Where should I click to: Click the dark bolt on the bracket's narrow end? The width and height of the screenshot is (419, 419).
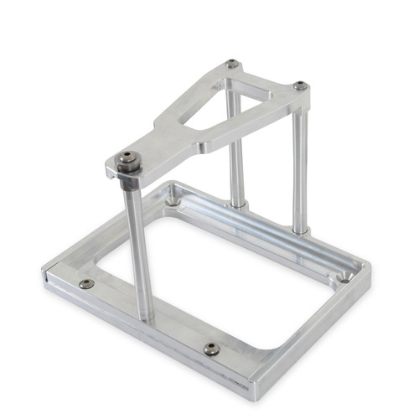point(127,158)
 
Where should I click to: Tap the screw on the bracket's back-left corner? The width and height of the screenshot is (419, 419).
point(233,65)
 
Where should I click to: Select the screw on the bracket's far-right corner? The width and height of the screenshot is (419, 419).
point(300,85)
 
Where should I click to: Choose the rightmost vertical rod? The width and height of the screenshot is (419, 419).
point(299,168)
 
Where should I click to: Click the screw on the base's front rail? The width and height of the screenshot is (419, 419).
point(211,348)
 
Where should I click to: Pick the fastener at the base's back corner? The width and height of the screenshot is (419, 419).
point(173,199)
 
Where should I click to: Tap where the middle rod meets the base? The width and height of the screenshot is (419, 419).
point(239,204)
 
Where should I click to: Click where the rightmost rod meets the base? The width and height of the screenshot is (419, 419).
point(300,228)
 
